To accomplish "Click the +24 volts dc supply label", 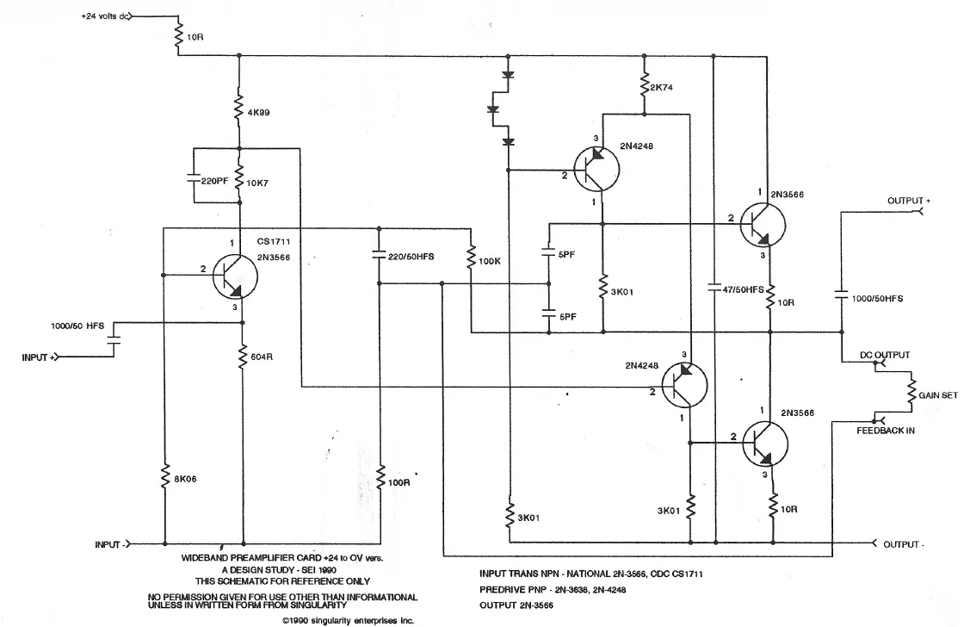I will (x=104, y=16).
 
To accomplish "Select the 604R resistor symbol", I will (x=242, y=354).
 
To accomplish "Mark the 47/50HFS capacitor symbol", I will (x=714, y=289).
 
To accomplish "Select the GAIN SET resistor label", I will (x=938, y=394).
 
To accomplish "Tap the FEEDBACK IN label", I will (x=880, y=430).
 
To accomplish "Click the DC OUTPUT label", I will (x=885, y=355).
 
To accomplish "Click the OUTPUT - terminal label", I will (x=902, y=544).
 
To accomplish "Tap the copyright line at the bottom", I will (x=348, y=619).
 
